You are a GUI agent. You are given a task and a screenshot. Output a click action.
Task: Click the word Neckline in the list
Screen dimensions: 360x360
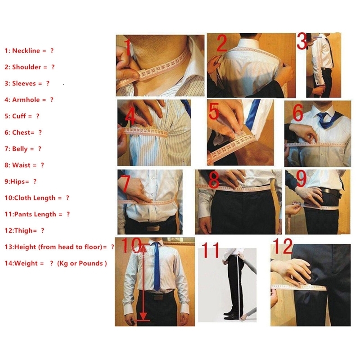click(26, 50)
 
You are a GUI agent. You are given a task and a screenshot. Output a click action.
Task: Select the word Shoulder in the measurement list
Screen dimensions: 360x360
click(27, 67)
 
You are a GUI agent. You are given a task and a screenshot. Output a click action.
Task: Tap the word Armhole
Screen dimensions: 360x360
click(26, 100)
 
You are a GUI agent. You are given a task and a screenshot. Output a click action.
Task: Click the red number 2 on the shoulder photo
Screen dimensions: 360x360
click(221, 43)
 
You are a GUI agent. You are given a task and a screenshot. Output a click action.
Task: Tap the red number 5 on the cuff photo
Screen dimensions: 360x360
click(214, 111)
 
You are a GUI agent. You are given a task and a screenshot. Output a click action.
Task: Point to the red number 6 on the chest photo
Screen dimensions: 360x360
click(298, 113)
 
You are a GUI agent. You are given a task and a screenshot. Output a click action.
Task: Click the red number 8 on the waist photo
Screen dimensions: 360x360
click(214, 180)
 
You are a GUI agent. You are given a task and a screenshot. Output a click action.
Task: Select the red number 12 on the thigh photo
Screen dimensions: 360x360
click(283, 246)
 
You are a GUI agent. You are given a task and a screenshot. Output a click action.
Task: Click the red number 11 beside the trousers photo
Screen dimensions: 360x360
click(210, 250)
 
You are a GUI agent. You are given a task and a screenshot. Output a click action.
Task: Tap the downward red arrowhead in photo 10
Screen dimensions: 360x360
click(143, 316)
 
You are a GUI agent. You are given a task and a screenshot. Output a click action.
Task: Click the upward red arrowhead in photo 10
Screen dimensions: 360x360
click(143, 248)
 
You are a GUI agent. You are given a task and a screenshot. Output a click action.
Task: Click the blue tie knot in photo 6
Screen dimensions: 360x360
click(323, 116)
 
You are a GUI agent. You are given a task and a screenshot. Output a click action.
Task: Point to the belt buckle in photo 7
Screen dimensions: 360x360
click(153, 228)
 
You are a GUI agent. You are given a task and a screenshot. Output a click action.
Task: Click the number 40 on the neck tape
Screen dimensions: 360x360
click(142, 74)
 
